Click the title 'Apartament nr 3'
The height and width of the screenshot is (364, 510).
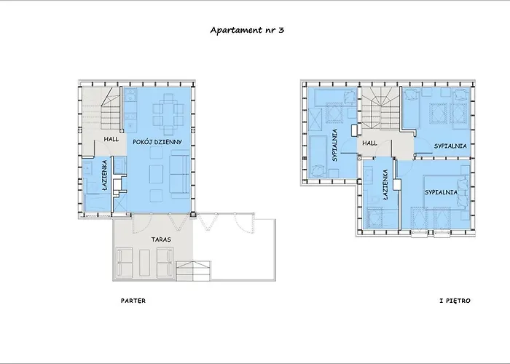coord(247,31)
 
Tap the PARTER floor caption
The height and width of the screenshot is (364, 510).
coord(133,301)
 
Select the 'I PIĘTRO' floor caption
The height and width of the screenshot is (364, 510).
coord(455,301)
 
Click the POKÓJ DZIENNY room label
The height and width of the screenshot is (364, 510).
coord(157,142)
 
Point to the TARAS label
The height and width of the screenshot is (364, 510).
coord(161,240)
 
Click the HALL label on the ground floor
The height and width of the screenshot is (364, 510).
coord(111,139)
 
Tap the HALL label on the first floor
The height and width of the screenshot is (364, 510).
coord(370,143)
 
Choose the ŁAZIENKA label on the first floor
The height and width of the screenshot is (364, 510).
coord(385,184)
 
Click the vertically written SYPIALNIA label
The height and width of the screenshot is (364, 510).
coord(334,146)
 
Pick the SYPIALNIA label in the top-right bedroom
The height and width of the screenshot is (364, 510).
coord(450,146)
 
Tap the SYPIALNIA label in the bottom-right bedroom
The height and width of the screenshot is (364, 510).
coord(441,192)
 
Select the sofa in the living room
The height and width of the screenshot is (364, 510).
coord(180,174)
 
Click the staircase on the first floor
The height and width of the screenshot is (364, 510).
coord(380,109)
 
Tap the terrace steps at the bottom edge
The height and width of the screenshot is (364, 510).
coord(194,271)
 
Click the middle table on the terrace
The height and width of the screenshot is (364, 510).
coord(144,263)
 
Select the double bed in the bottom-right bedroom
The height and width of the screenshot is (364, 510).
coord(447,192)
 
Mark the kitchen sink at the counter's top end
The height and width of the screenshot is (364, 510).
coord(130,95)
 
